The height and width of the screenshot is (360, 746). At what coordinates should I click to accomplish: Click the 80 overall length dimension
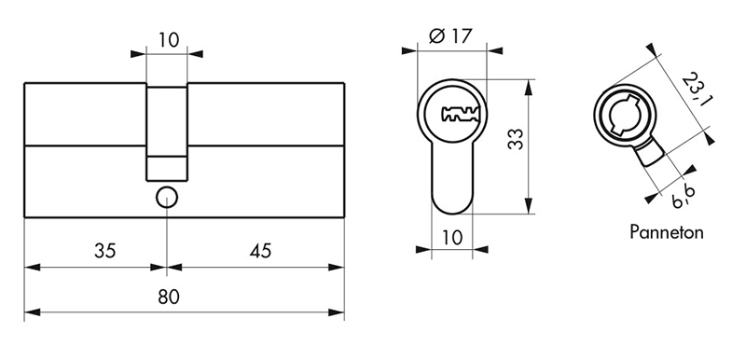(169, 297)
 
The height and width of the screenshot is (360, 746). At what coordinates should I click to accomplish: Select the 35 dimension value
(104, 251)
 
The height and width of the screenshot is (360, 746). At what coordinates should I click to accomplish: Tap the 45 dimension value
(260, 251)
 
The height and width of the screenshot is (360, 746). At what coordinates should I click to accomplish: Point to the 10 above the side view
(169, 40)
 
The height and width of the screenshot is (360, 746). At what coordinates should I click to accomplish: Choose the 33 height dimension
(515, 139)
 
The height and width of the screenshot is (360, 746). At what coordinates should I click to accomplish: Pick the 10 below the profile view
(452, 237)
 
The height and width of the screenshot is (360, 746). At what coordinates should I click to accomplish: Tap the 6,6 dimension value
(684, 196)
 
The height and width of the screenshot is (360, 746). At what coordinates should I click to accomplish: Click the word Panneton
(667, 232)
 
